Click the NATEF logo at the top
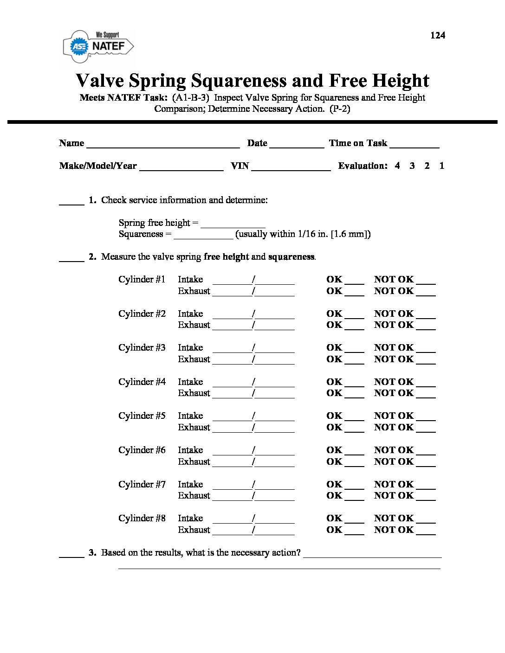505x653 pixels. click(x=98, y=46)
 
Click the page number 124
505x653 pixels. click(x=438, y=35)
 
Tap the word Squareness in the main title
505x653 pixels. click(x=239, y=81)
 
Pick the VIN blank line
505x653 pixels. click(x=291, y=167)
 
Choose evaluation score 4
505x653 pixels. click(x=397, y=166)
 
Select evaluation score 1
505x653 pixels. click(x=442, y=166)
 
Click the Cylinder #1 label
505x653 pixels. click(x=142, y=279)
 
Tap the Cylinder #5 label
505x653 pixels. click(x=142, y=416)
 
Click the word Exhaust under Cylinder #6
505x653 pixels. click(x=194, y=461)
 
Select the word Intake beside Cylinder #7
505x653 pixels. click(x=190, y=484)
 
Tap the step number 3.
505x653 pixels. click(x=92, y=552)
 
